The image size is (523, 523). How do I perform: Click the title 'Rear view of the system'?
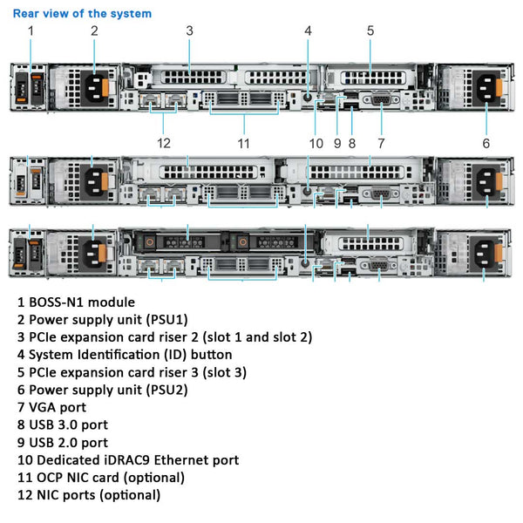tap(82, 13)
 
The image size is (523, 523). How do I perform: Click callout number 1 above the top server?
tap(31, 31)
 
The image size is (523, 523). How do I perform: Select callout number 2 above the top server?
tap(94, 31)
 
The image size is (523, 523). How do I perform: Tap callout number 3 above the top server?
tap(189, 31)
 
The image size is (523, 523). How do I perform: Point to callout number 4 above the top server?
tap(308, 31)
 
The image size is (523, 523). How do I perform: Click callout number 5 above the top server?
tap(370, 31)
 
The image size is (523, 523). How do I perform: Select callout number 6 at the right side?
tap(486, 143)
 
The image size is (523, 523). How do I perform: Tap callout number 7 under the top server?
tap(381, 143)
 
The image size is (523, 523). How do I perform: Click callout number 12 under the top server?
tap(164, 143)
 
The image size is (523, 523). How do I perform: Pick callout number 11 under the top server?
tap(244, 143)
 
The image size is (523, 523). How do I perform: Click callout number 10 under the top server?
tap(316, 143)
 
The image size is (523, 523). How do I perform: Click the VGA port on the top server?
tap(380, 100)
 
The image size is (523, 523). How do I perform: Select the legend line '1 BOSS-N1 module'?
tap(76, 302)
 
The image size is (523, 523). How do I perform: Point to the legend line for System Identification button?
tap(125, 354)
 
